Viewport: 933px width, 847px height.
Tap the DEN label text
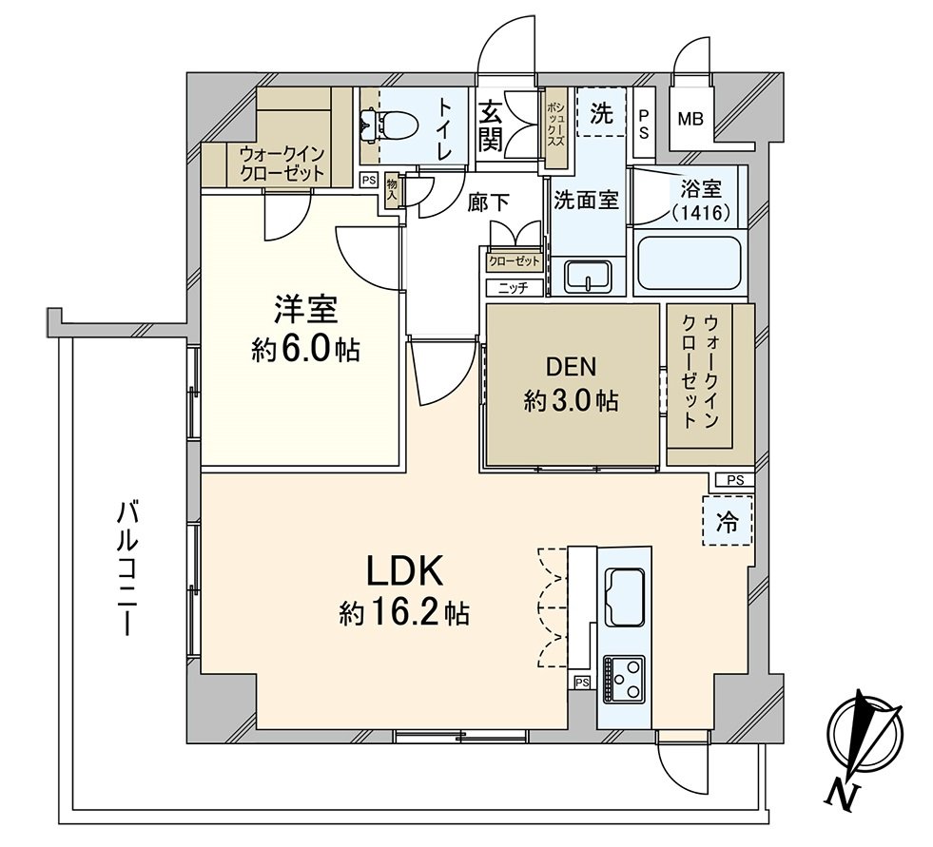(x=571, y=366)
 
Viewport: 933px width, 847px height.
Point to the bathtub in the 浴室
(x=690, y=263)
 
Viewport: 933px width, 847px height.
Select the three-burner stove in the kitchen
(x=623, y=678)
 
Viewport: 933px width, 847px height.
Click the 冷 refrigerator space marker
(x=727, y=521)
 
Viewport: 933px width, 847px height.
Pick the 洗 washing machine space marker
(x=601, y=113)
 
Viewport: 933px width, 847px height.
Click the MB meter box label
(x=690, y=120)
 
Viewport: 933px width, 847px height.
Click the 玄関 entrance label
(x=490, y=125)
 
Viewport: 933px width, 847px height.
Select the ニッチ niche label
(x=514, y=287)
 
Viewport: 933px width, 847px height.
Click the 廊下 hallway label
(x=489, y=202)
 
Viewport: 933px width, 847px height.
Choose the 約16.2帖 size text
(x=403, y=613)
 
